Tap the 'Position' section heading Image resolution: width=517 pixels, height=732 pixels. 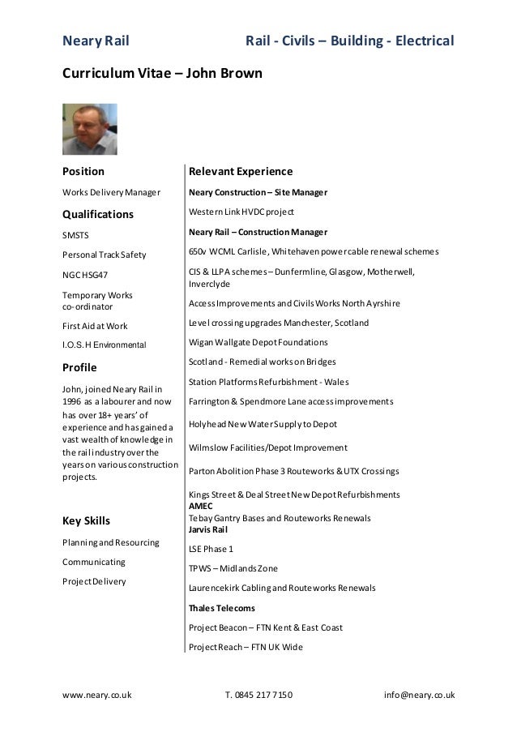[x=83, y=172]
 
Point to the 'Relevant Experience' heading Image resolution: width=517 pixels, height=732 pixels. [x=240, y=172]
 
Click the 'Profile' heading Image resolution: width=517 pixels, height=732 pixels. [x=81, y=367]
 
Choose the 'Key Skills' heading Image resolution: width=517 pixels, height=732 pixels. [x=86, y=520]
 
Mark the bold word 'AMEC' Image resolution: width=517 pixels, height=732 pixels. [x=200, y=506]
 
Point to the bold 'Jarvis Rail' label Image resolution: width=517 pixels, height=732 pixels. [x=210, y=529]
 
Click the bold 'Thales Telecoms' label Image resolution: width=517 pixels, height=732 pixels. [x=221, y=607]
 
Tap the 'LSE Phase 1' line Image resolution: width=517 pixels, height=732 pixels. [x=211, y=549]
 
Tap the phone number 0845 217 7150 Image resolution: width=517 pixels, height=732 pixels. [x=264, y=696]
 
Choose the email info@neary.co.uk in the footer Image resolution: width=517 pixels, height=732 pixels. [x=419, y=696]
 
